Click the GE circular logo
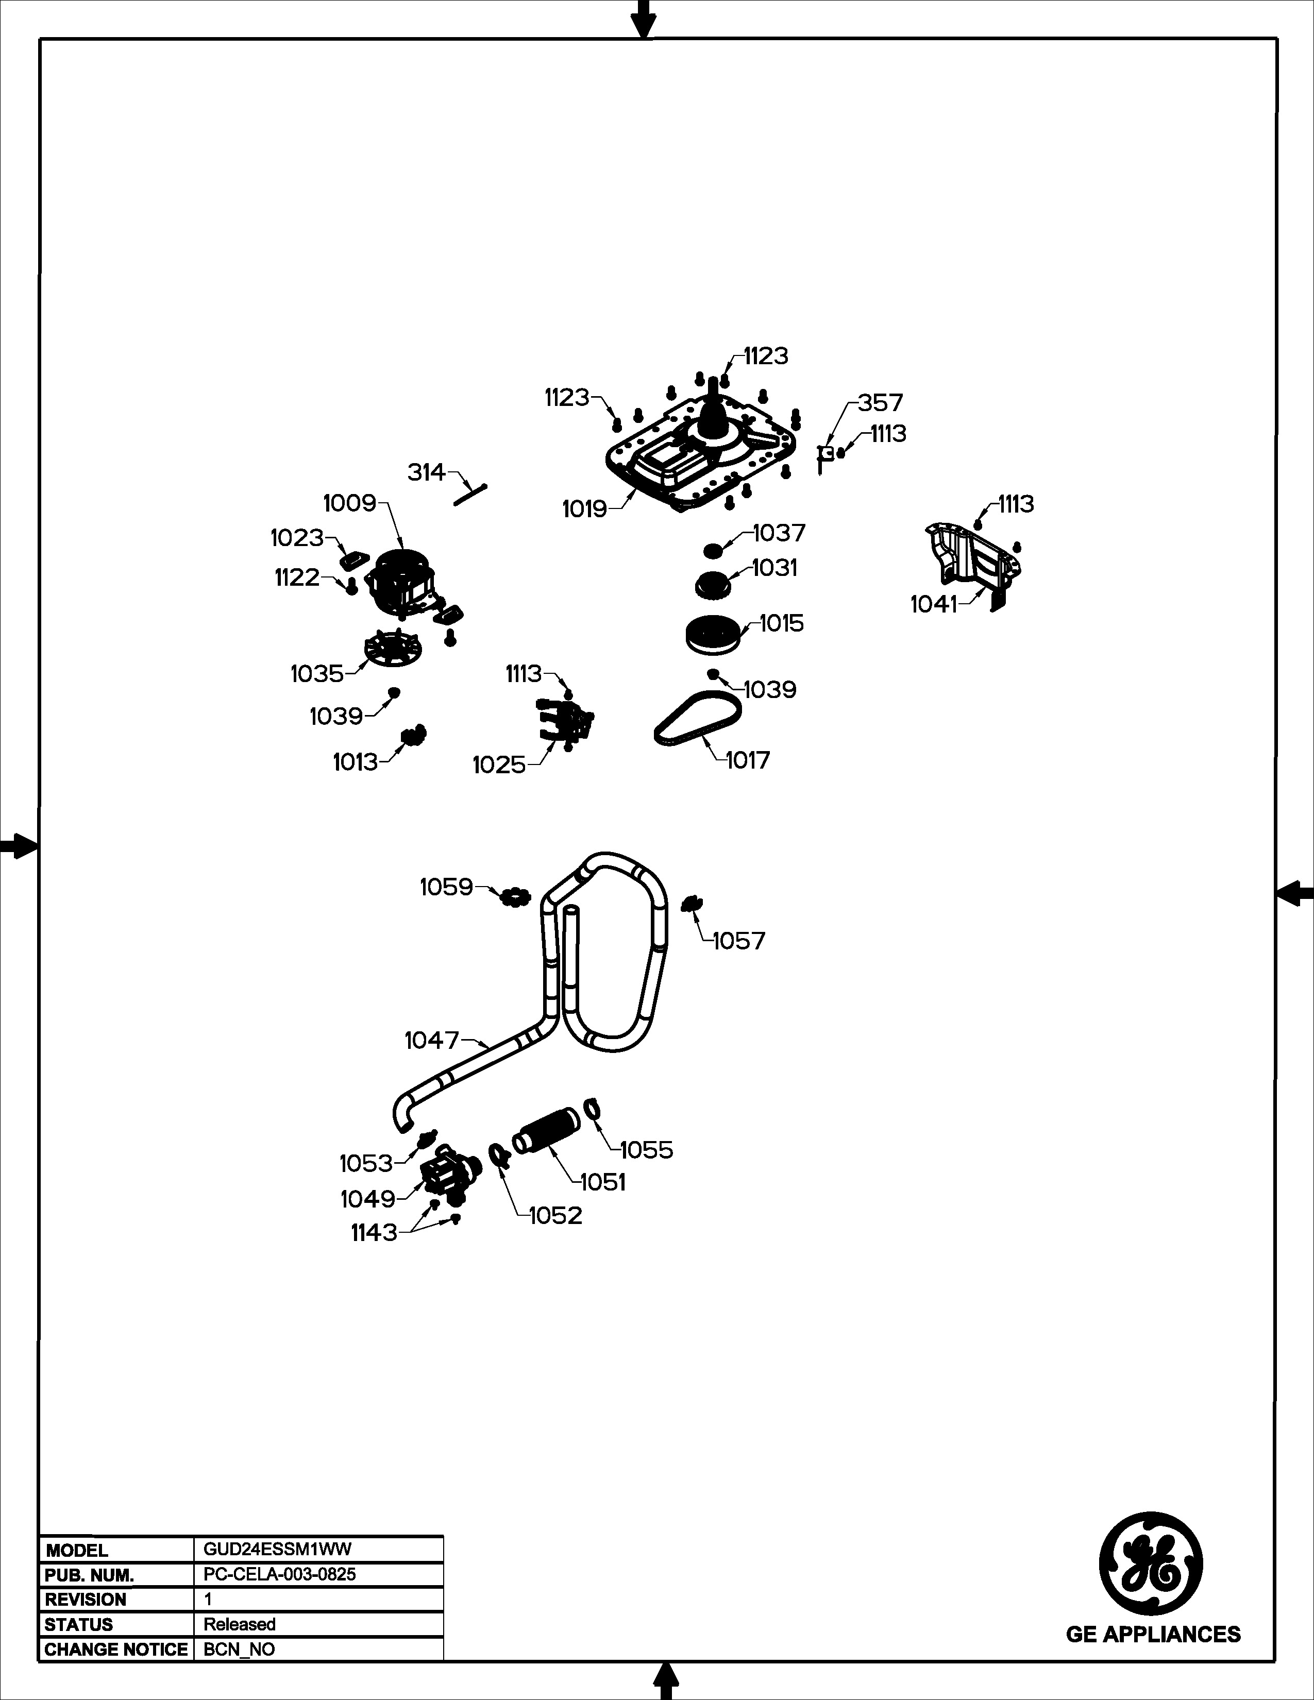pos(1151,1564)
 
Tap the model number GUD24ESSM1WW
pos(277,1549)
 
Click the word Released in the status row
pos(240,1624)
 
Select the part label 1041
pos(933,604)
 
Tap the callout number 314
pos(427,472)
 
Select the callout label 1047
pos(432,1040)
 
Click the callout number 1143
pos(374,1232)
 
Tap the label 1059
pos(446,887)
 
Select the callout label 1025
pos(499,764)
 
